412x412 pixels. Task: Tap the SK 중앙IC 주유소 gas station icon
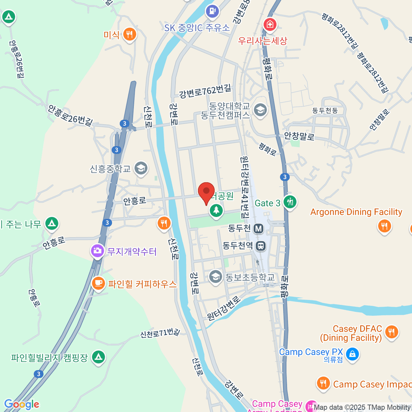point(212,11)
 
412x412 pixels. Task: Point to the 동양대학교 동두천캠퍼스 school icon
point(260,110)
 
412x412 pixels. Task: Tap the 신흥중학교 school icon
point(141,168)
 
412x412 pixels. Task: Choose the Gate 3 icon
point(290,202)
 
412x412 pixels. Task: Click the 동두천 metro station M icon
point(258,228)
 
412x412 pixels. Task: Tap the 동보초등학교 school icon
point(216,277)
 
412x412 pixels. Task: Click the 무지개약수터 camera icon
point(98,251)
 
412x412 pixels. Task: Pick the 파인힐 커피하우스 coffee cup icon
point(99,283)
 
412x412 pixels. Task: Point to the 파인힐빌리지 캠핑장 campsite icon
point(99,357)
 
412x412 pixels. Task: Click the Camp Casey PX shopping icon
point(352,354)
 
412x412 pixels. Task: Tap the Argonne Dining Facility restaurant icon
point(384,226)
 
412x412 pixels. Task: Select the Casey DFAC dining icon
point(391,332)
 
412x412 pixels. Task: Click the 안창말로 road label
point(299,136)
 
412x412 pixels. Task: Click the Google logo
point(22,404)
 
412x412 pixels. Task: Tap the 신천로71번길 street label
point(160,333)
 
